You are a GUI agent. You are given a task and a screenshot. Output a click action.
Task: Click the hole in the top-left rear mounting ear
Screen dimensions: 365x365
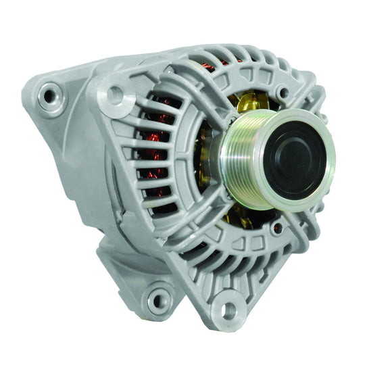coord(49,96)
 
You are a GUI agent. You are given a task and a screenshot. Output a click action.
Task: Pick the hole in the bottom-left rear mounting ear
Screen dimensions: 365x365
coord(160,297)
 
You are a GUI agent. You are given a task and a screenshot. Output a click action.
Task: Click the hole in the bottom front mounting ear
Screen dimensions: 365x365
coord(228,310)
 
